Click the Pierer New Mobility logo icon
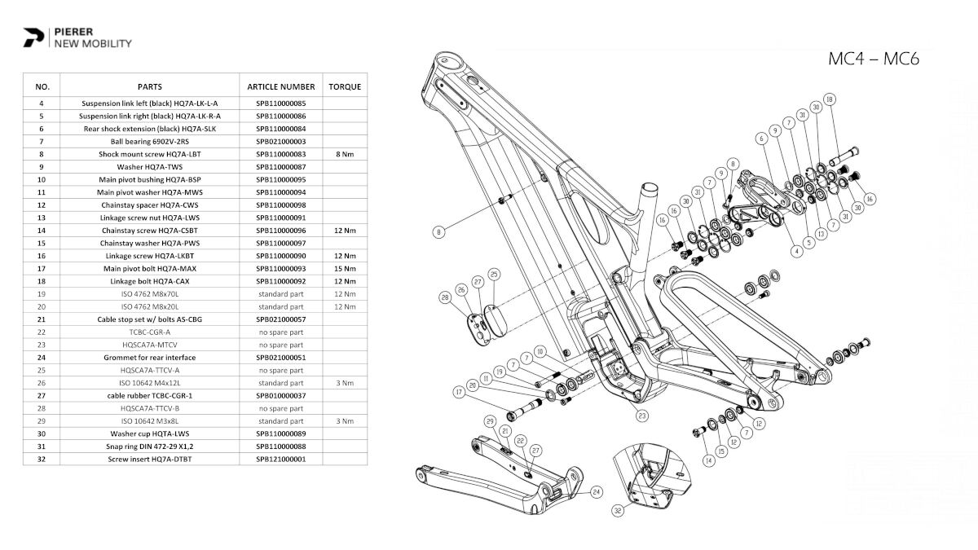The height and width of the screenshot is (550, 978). click(34, 37)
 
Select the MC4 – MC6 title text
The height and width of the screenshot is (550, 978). click(874, 59)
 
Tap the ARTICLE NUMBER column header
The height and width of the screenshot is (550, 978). click(281, 86)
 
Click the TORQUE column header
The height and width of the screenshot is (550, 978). click(345, 86)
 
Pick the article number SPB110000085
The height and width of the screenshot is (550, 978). click(281, 104)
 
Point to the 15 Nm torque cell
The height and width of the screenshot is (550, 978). click(345, 268)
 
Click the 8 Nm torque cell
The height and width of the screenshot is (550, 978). click(345, 153)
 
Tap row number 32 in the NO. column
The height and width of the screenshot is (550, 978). click(42, 459)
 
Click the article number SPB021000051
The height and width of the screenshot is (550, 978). click(281, 357)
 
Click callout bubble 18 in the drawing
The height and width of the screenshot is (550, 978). click(830, 99)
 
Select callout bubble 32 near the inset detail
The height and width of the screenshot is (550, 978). click(619, 511)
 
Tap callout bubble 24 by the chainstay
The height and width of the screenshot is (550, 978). click(596, 491)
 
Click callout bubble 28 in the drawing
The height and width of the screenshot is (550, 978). click(445, 298)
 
